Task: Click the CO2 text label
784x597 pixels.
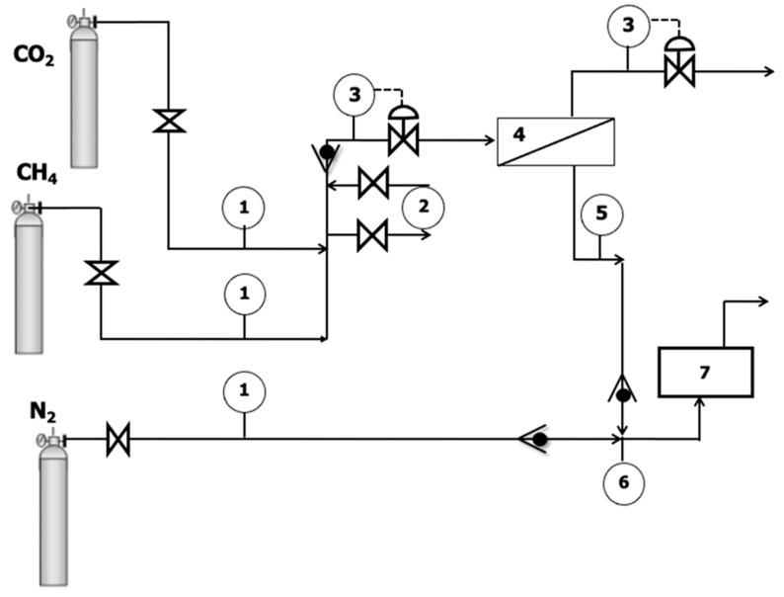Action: coord(34,54)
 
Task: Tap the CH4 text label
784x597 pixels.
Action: coord(37,173)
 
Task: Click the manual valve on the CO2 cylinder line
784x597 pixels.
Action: coord(169,122)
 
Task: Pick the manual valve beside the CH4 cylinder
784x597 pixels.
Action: coord(101,272)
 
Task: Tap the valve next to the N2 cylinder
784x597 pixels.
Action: coord(118,438)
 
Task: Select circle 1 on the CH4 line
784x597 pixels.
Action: coord(243,294)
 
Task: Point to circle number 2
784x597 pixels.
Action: coord(424,207)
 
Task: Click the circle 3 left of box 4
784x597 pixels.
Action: coord(354,95)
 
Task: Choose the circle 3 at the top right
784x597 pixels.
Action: coord(629,26)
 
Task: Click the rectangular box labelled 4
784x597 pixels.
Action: coord(556,141)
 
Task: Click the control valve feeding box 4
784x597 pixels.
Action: coord(402,135)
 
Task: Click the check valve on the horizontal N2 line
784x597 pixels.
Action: coord(536,438)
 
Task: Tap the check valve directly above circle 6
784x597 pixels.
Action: coord(622,392)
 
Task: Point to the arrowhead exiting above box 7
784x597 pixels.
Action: coord(762,301)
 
